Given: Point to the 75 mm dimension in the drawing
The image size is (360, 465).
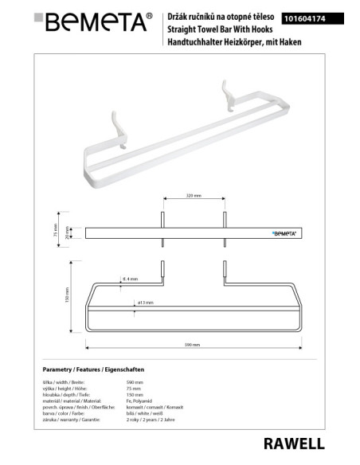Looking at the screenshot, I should tap(58, 231).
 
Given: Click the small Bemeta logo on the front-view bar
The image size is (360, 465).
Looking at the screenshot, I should tap(285, 233).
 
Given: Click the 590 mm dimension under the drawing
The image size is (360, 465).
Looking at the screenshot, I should tap(192, 346).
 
